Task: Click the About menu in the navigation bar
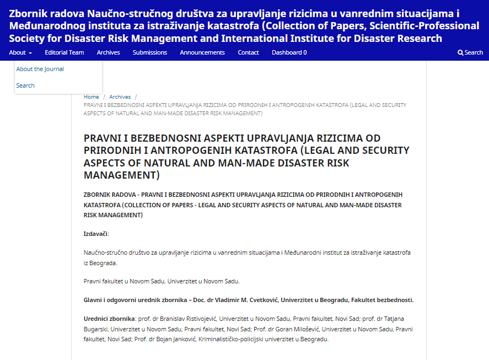tap(20, 52)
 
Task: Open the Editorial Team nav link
tap(65, 52)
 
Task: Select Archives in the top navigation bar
tap(108, 52)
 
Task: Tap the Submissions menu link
tap(149, 52)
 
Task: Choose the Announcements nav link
tap(202, 52)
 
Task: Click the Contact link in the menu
tap(248, 52)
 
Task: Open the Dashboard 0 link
tap(289, 52)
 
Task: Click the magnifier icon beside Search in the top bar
tap(460, 52)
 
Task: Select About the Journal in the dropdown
tap(40, 69)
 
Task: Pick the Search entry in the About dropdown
tap(25, 85)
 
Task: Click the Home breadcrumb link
tap(92, 97)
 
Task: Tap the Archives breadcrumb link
tap(120, 97)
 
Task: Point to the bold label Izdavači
tap(96, 234)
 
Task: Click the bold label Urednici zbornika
tap(109, 319)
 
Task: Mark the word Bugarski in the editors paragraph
tap(96, 329)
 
